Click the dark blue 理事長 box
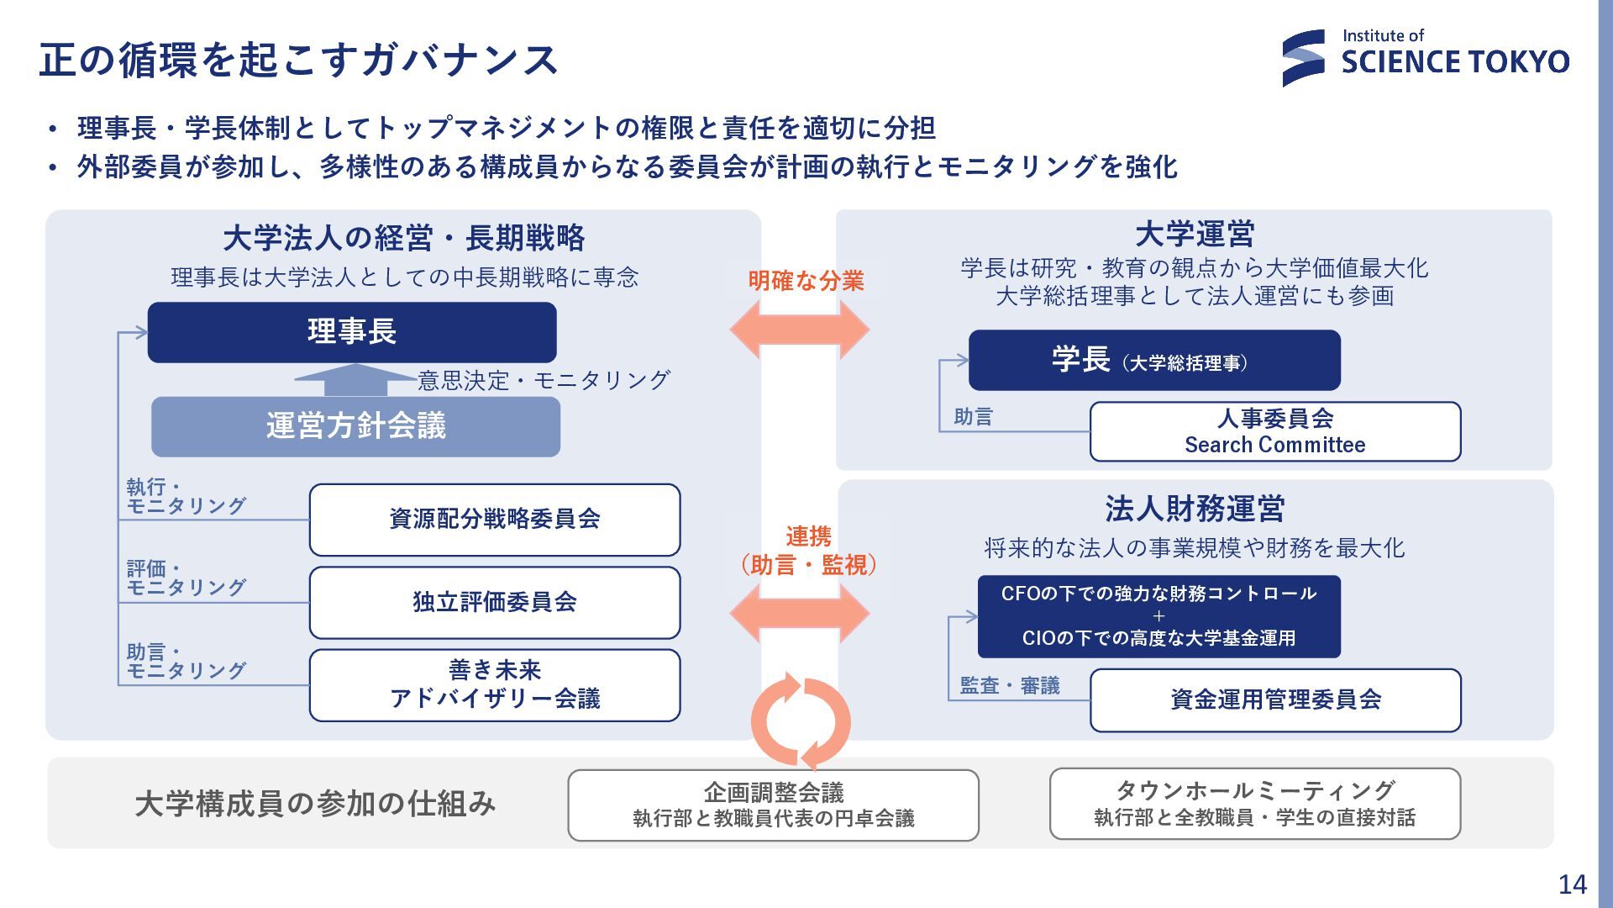pyautogui.click(x=352, y=332)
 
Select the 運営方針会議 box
pyautogui.click(x=355, y=426)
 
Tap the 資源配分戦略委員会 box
pyautogui.click(x=495, y=520)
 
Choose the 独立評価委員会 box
pyautogui.click(x=495, y=602)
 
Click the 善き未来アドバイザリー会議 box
pyautogui.click(x=495, y=684)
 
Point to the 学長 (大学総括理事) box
pyautogui.click(x=1154, y=361)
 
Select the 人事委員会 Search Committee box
pyautogui.click(x=1274, y=431)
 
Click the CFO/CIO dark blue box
pyautogui.click(x=1159, y=616)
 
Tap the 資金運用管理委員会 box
pyautogui.click(x=1274, y=699)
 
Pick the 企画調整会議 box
pyautogui.click(x=773, y=805)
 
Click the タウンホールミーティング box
pyautogui.click(x=1254, y=804)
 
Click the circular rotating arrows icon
pyautogui.click(x=801, y=721)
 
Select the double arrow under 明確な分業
pyautogui.click(x=800, y=330)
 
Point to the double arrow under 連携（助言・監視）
pyautogui.click(x=800, y=614)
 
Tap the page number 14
pyautogui.click(x=1572, y=884)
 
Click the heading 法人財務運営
pyautogui.click(x=1195, y=509)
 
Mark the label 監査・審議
pyautogui.click(x=1010, y=686)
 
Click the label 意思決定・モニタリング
pyautogui.click(x=544, y=381)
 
